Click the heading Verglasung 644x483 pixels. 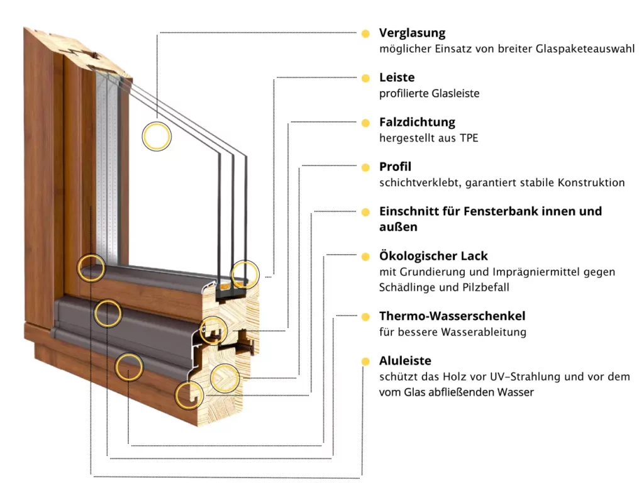coord(412,33)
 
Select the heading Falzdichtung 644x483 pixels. coord(417,122)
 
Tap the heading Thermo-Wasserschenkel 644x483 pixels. coord(452,316)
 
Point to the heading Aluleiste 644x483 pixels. coord(405,361)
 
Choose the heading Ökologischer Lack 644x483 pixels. coord(433,256)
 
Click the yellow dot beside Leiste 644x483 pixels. coord(365,78)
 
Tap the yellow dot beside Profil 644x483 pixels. coord(365,167)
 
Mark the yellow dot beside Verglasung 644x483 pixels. coord(365,33)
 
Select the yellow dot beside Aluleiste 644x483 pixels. coord(365,361)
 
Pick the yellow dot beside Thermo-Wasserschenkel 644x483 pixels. coord(365,316)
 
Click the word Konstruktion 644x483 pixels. coord(591,182)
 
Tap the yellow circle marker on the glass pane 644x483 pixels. coord(157,136)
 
